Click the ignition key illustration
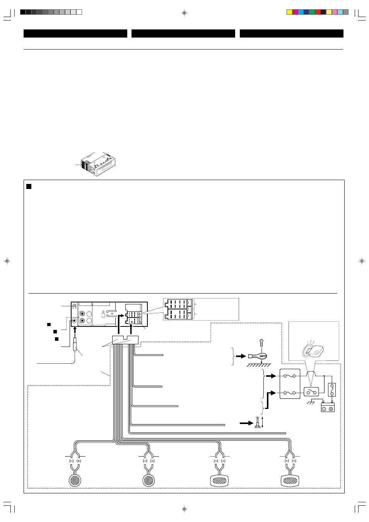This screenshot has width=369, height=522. (313, 351)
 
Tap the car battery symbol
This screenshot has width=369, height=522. (328, 408)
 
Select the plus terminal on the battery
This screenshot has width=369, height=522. (331, 409)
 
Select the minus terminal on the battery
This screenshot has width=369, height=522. (324, 409)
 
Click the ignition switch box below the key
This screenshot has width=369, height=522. (311, 392)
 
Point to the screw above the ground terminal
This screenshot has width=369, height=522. (261, 343)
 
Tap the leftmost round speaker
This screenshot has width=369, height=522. (75, 480)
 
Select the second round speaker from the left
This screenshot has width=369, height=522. (148, 480)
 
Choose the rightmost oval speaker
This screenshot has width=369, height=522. (290, 481)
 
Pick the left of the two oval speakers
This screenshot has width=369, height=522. (219, 481)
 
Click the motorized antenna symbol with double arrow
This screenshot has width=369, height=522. (258, 422)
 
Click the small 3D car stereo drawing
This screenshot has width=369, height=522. (98, 165)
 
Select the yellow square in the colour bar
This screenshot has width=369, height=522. (289, 12)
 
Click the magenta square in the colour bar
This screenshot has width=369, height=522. (295, 12)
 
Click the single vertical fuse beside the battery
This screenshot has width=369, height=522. (332, 390)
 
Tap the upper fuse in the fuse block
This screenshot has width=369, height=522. (290, 376)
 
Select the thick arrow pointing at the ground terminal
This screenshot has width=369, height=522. (241, 356)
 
